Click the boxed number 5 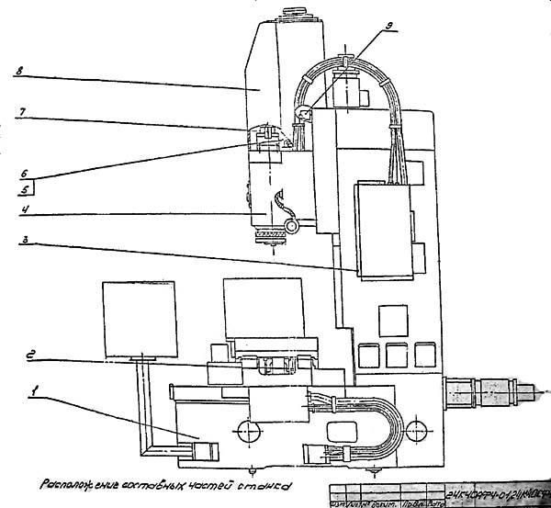point(26,191)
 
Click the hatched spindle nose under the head point(267,237)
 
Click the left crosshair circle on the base point(244,429)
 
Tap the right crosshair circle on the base point(415,429)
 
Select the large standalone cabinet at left point(138,318)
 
